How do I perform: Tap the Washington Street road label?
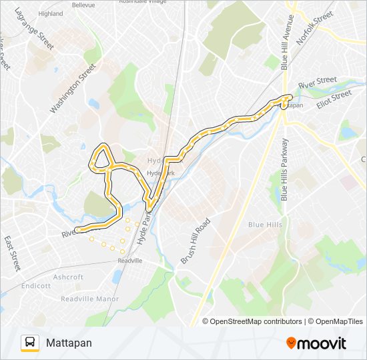pos(73,87)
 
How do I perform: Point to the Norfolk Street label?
pos(314,27)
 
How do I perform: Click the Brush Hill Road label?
pos(196,241)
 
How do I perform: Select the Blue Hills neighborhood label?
pos(264,225)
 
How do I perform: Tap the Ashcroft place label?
pos(69,277)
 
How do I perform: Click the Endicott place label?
pos(36,285)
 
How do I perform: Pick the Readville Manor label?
pos(89,299)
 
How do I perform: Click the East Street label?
pos(13,253)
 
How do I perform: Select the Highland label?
pos(50,13)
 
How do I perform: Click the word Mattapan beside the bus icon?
pos(69,343)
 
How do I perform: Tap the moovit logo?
pos(316,343)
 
